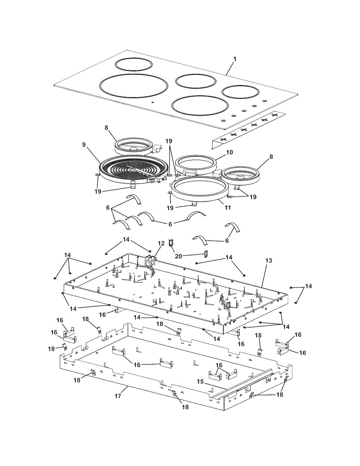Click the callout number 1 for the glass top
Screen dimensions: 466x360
(x=235, y=59)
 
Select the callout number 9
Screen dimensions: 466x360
(x=83, y=144)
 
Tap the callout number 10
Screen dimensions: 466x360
(x=230, y=152)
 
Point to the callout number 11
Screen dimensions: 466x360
(x=228, y=208)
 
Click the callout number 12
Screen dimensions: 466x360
(x=161, y=243)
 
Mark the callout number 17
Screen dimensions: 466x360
(x=118, y=396)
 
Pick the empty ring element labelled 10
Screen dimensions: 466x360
(x=195, y=165)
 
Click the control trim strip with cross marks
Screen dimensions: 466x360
(x=249, y=128)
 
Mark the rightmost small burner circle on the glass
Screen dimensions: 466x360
(x=240, y=92)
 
